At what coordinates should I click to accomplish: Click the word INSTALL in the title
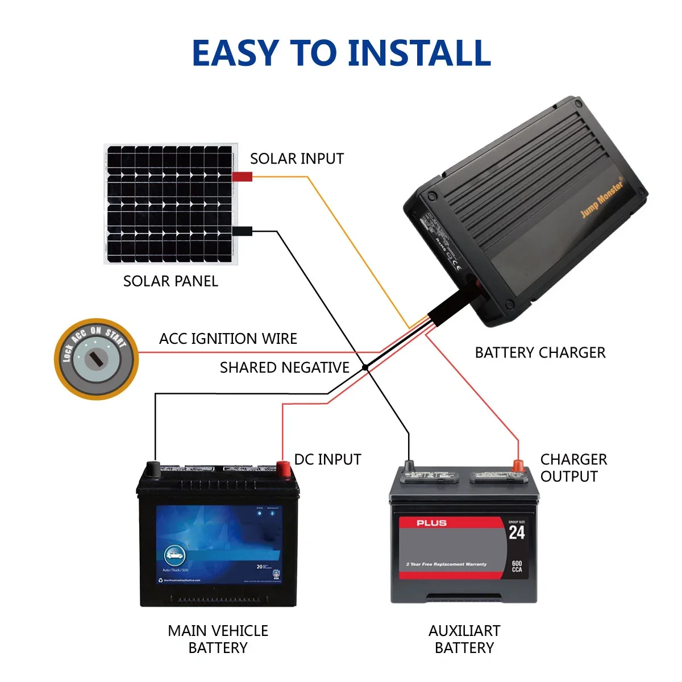click(419, 53)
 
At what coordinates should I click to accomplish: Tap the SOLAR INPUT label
click(297, 159)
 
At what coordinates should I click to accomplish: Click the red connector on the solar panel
click(242, 177)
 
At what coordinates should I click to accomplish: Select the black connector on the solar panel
click(242, 231)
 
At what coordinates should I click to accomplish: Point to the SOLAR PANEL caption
click(170, 281)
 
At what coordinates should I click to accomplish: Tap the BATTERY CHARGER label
click(540, 353)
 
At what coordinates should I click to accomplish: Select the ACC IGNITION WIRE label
click(228, 339)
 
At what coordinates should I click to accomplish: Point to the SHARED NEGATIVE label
click(284, 368)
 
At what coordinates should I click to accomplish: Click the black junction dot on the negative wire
click(365, 368)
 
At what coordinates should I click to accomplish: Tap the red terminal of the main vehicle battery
click(283, 468)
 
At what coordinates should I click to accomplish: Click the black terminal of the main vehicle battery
click(153, 468)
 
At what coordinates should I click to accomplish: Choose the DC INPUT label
click(327, 459)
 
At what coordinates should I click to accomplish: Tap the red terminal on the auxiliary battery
click(518, 466)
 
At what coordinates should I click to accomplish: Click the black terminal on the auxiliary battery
click(409, 467)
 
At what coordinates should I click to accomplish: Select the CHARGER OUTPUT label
click(573, 468)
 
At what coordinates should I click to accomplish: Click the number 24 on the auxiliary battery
click(516, 533)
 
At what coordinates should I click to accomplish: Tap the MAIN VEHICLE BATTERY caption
click(218, 639)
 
